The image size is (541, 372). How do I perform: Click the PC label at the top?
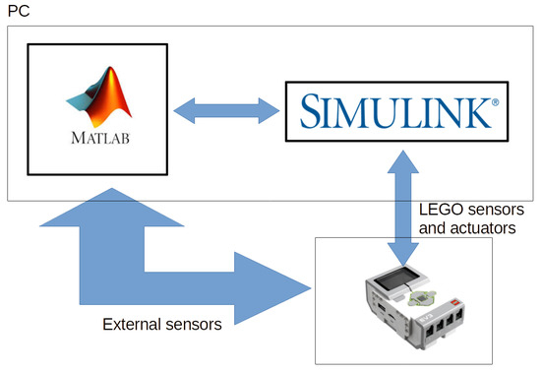coord(18,11)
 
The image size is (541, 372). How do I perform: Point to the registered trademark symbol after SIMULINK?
coord(495,99)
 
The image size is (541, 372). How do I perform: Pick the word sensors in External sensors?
coord(195,324)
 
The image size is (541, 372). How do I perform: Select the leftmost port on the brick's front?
coord(427,324)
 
